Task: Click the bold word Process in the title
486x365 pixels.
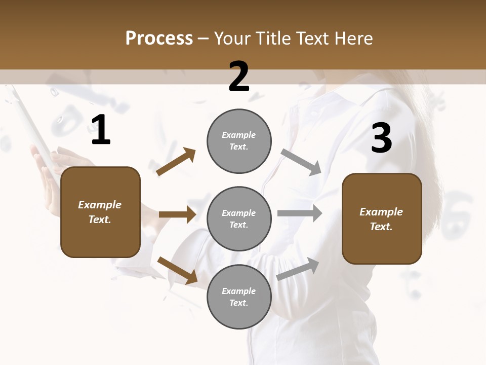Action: click(x=159, y=38)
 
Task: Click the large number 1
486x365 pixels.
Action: click(x=101, y=130)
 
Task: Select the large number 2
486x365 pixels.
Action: click(x=239, y=77)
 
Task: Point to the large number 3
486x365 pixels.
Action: click(x=381, y=138)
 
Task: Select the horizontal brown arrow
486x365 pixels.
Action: click(x=177, y=214)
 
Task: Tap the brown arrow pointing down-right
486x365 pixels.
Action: click(x=177, y=270)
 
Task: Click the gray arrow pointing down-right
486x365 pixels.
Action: click(x=301, y=162)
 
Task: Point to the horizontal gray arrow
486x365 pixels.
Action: click(x=299, y=213)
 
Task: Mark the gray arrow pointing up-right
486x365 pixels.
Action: click(x=298, y=269)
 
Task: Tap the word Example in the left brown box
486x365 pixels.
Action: click(x=100, y=205)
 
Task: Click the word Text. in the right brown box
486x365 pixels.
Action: click(x=381, y=227)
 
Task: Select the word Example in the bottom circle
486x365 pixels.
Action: click(x=238, y=291)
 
